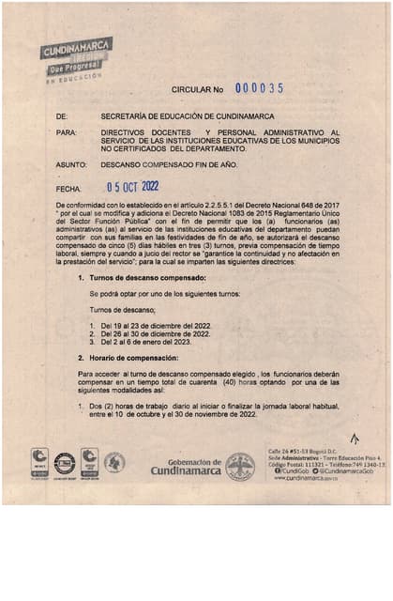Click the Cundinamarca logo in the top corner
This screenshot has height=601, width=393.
click(x=76, y=59)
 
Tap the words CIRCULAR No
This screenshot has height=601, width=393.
click(x=197, y=89)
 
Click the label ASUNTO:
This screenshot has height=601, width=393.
click(x=70, y=165)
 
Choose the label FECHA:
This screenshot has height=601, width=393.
click(x=69, y=189)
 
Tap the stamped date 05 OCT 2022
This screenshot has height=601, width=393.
click(x=133, y=186)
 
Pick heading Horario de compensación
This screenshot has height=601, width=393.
click(x=137, y=358)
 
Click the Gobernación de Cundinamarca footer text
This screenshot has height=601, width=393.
click(x=194, y=467)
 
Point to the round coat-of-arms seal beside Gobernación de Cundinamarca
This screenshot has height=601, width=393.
click(x=240, y=467)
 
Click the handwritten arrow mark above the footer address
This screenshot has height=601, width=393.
click(x=354, y=438)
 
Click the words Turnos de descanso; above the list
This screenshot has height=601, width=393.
click(x=122, y=309)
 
